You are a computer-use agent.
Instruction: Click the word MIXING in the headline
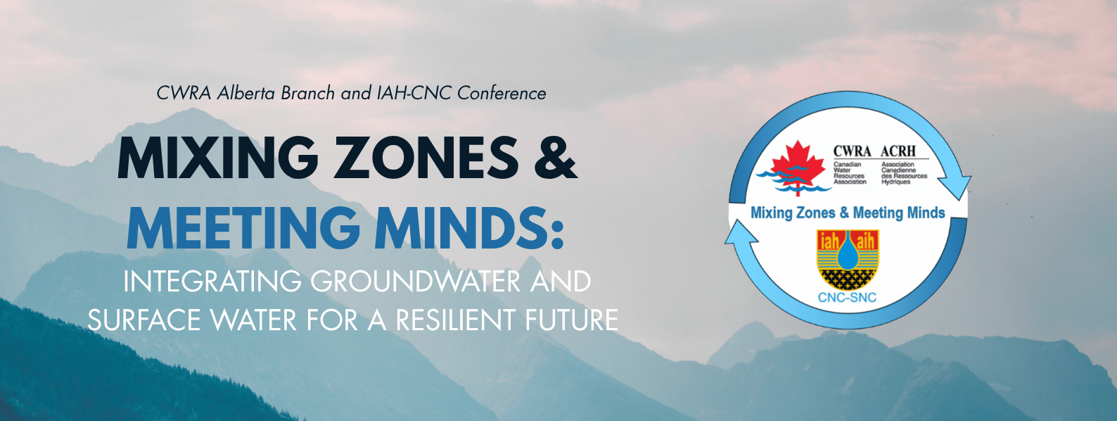(x=217, y=158)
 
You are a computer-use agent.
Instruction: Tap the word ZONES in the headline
(x=426, y=158)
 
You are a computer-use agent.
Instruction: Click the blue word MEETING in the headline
(x=243, y=227)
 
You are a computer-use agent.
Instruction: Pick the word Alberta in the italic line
(x=246, y=93)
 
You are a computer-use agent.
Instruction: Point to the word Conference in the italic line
(x=502, y=93)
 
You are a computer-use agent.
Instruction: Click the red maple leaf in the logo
(x=798, y=165)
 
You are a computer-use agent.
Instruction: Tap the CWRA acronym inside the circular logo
(x=853, y=151)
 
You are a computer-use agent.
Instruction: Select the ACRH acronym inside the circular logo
(x=898, y=151)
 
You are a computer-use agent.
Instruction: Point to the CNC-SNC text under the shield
(x=847, y=298)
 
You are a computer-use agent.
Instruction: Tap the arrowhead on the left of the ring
(x=741, y=234)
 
